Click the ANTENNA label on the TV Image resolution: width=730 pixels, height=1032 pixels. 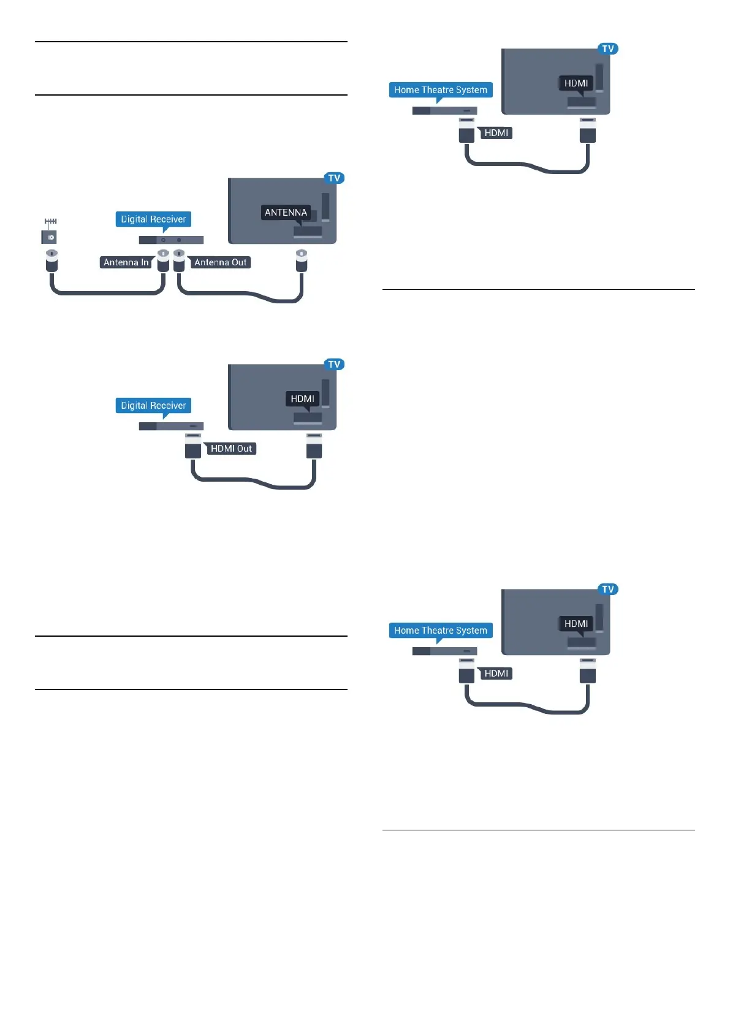click(286, 213)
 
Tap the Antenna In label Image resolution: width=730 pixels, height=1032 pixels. click(126, 262)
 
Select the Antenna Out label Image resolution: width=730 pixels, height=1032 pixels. click(220, 262)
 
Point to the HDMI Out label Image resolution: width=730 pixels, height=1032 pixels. click(230, 449)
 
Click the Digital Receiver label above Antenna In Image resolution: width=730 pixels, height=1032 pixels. click(153, 219)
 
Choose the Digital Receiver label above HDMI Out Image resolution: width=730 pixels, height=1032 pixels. click(153, 406)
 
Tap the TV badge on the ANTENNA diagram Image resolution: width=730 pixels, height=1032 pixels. click(334, 178)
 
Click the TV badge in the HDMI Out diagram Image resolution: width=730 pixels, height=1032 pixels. click(334, 365)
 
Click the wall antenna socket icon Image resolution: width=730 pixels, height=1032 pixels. click(50, 237)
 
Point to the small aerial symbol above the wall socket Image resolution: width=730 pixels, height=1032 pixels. click(50, 222)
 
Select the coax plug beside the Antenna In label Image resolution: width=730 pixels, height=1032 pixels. click(163, 260)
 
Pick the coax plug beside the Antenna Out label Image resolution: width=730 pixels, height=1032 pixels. click(179, 260)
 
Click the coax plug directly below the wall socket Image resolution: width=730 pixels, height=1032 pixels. click(52, 260)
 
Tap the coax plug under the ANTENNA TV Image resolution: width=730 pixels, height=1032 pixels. click(301, 260)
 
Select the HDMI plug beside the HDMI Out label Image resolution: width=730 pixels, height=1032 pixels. click(193, 446)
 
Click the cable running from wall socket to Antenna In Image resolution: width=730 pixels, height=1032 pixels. click(107, 294)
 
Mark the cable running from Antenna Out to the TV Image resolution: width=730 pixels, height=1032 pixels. click(245, 294)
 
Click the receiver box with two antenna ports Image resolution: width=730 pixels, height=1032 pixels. click(171, 240)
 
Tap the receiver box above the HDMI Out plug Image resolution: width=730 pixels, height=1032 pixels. click(171, 427)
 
